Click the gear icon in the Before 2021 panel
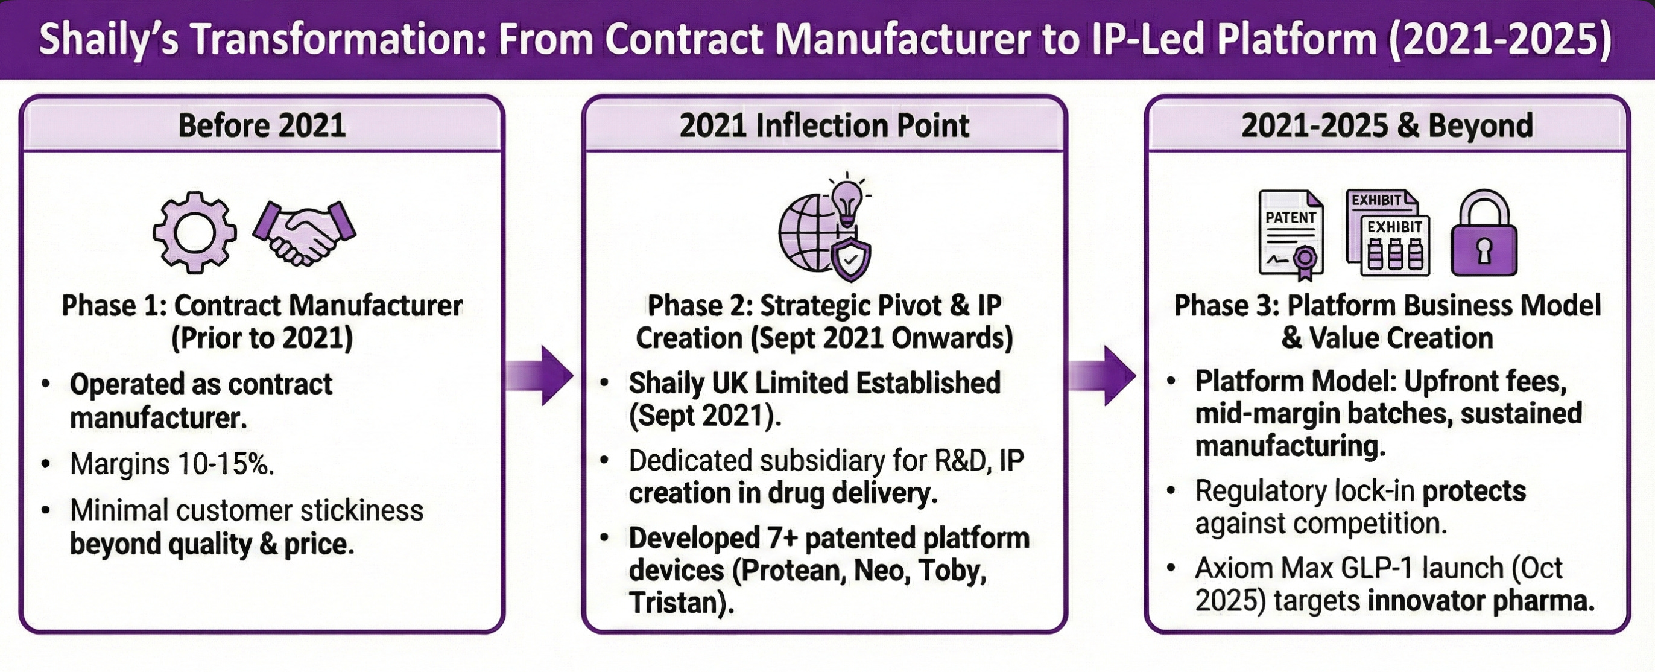[195, 233]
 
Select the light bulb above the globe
[847, 200]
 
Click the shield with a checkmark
[850, 259]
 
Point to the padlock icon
[1484, 235]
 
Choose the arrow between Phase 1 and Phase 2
[540, 375]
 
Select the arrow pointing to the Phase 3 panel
[1103, 375]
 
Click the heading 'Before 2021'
[262, 125]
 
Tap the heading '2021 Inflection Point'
[824, 125]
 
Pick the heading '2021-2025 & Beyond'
[1387, 125]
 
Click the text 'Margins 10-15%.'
[171, 464]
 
